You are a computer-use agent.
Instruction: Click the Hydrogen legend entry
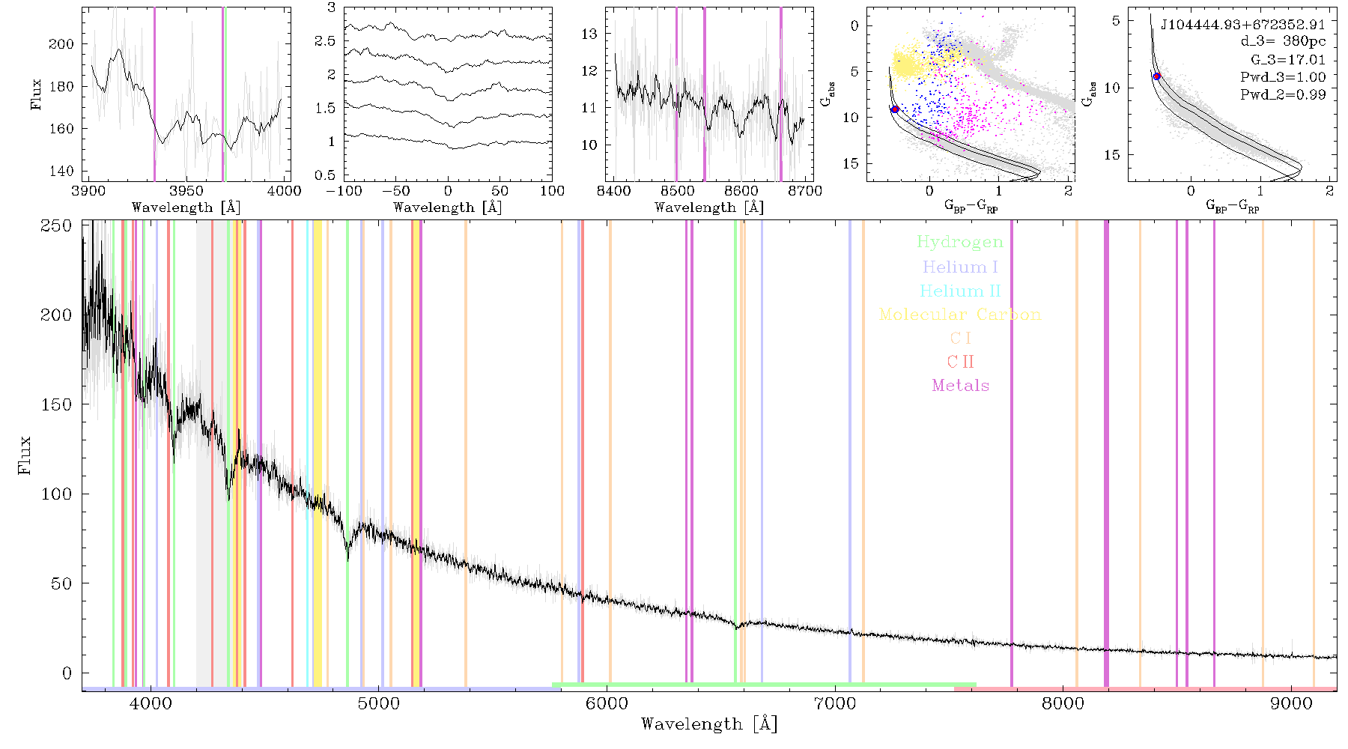pos(959,242)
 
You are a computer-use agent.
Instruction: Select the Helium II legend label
pos(960,291)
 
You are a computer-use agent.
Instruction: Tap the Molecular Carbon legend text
pos(960,315)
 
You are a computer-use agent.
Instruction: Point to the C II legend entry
pos(960,362)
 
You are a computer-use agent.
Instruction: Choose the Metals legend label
pos(960,386)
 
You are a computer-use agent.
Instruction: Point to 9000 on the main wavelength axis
pos(1291,704)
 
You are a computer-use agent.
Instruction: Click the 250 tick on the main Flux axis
pos(56,225)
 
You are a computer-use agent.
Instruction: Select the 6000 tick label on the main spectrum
pos(607,704)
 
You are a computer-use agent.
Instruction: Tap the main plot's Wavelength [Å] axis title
pos(709,724)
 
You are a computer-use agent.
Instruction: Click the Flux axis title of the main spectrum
pos(25,455)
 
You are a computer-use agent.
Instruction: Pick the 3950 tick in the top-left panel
pos(186,191)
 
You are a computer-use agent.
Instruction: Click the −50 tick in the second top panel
pos(400,191)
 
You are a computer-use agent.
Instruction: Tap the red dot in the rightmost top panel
pos(1156,76)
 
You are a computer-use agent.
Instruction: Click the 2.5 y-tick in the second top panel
pos(325,41)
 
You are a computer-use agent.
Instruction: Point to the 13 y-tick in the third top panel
pos(589,34)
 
